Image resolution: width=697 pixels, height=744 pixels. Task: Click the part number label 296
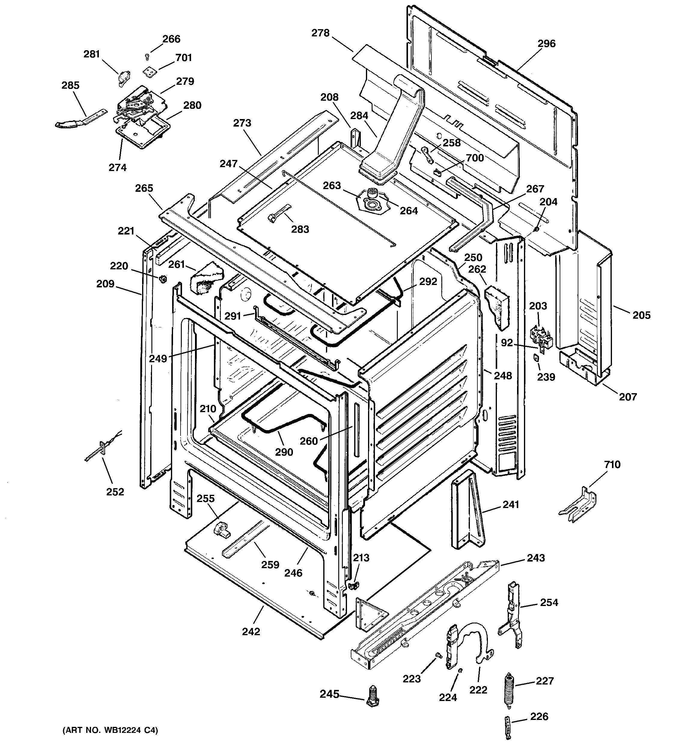pyautogui.click(x=546, y=44)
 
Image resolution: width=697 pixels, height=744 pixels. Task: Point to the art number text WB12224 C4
pyautogui.click(x=110, y=730)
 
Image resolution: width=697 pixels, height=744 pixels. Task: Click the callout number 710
pyautogui.click(x=612, y=464)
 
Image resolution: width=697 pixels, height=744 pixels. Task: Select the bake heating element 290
pyautogui.click(x=284, y=424)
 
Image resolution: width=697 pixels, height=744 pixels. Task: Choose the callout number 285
pyautogui.click(x=70, y=85)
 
